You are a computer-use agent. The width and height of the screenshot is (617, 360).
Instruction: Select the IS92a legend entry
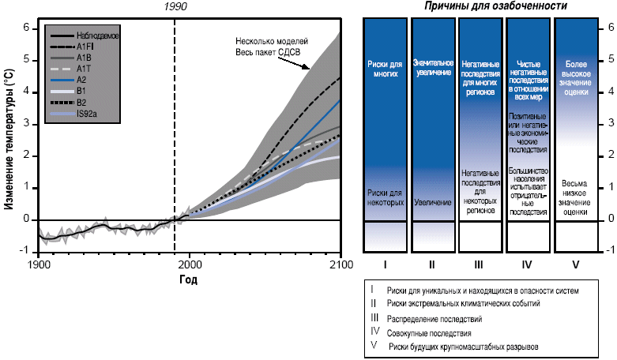tap(88, 114)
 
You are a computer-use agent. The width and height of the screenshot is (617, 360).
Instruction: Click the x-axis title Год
tap(187, 279)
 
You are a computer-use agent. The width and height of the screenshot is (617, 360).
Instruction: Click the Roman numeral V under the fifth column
tap(575, 264)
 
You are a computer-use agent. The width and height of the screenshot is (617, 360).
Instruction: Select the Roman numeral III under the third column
tap(481, 264)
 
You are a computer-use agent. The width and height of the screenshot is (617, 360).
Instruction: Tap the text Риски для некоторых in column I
tap(386, 197)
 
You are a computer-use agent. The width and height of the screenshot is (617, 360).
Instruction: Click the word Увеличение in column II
tap(433, 202)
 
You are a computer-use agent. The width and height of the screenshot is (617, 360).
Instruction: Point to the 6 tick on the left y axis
tap(26, 28)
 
